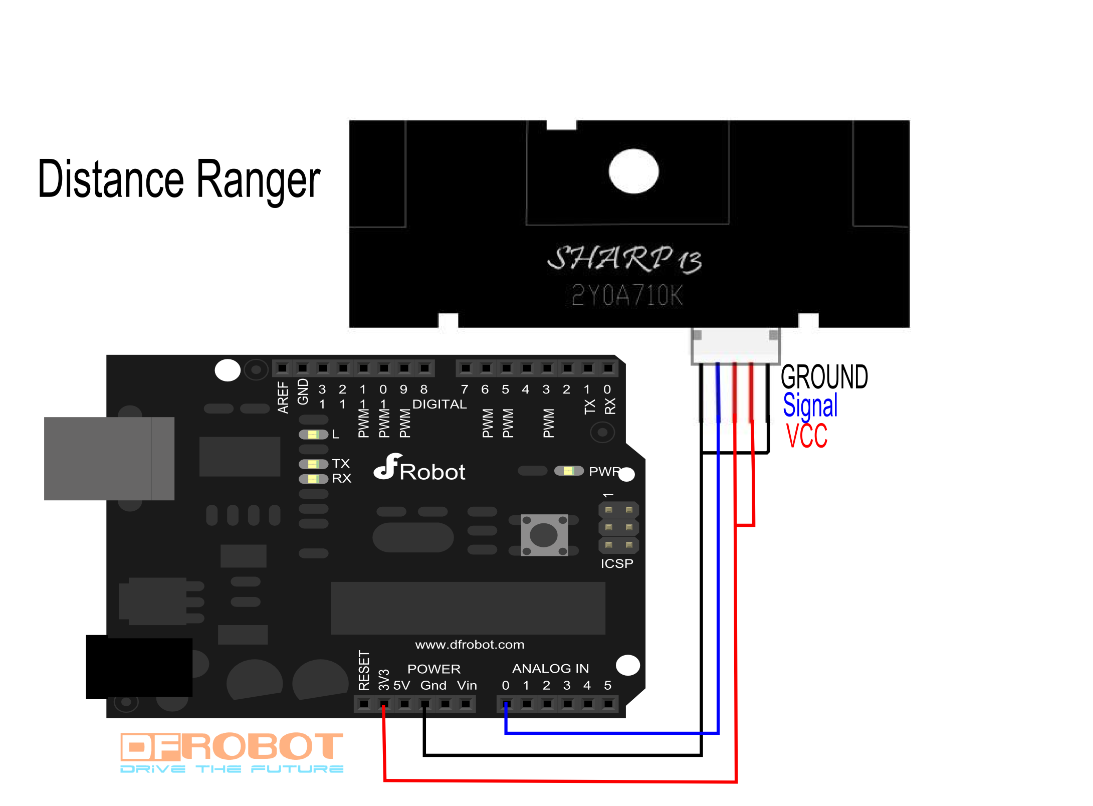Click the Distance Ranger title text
[179, 179]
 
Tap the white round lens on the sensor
[633, 171]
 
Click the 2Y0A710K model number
[627, 295]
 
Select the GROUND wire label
[824, 377]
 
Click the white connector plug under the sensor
[735, 346]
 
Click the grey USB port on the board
[109, 458]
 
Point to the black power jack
[139, 667]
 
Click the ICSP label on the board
[617, 563]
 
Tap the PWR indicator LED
[569, 471]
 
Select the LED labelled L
[313, 434]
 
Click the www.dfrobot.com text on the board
[470, 645]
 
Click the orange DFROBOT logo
[232, 746]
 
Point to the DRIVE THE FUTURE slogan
[232, 769]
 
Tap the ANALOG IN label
[550, 668]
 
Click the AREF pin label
[283, 397]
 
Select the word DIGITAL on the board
[439, 404]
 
